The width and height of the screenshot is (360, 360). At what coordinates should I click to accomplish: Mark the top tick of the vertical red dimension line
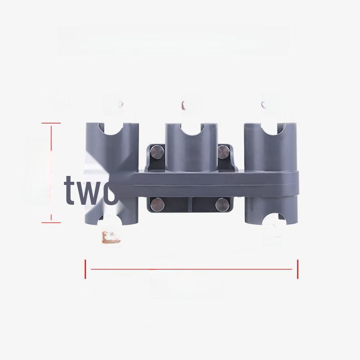pyautogui.click(x=52, y=123)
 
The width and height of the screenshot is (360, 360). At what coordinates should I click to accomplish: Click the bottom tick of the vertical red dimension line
pyautogui.click(x=52, y=221)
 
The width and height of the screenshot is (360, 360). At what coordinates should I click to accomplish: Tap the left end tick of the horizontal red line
pyautogui.click(x=85, y=269)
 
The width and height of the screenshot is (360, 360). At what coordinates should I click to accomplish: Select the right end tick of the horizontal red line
pyautogui.click(x=297, y=269)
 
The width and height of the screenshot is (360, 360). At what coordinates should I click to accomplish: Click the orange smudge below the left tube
pyautogui.click(x=111, y=237)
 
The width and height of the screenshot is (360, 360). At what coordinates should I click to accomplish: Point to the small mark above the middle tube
pyautogui.click(x=183, y=105)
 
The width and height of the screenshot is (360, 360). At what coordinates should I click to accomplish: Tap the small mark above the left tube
pyautogui.click(x=121, y=104)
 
